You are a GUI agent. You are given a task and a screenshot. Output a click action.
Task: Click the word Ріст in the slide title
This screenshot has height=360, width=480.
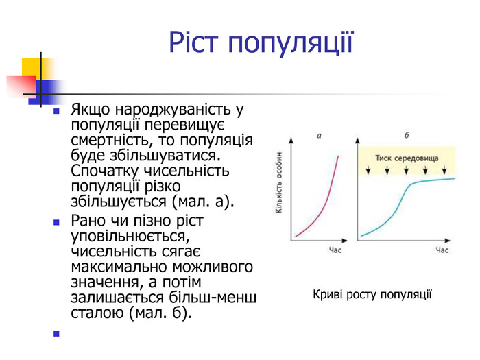coord(195,43)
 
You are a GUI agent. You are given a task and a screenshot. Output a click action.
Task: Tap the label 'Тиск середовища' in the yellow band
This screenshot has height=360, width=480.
coord(407,158)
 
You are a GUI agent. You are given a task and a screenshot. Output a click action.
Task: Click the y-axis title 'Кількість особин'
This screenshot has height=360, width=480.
coord(280,186)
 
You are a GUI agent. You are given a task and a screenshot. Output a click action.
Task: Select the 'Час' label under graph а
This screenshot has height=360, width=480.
coord(335,252)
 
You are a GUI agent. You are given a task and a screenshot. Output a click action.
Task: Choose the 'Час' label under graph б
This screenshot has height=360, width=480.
coord(442,252)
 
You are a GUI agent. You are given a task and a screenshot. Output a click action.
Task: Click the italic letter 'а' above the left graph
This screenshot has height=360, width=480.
coord(319,136)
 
